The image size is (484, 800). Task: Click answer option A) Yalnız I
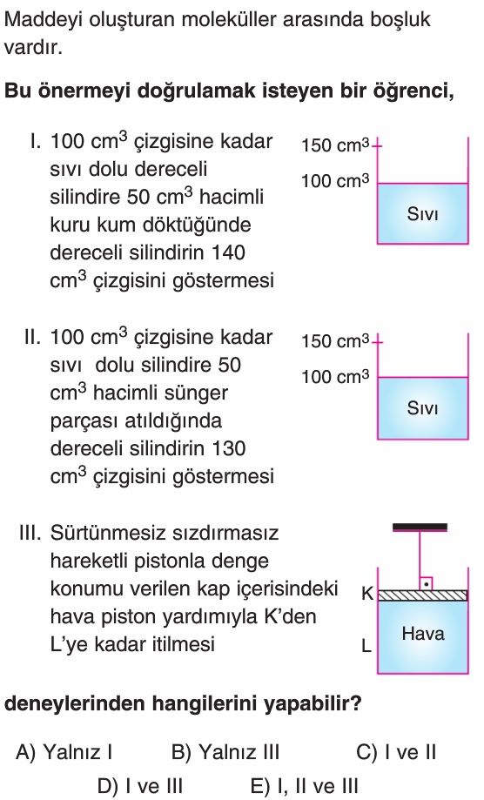click(64, 752)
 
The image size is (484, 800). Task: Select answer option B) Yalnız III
click(225, 752)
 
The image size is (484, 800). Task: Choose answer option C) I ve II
click(396, 752)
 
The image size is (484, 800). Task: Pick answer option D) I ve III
click(140, 786)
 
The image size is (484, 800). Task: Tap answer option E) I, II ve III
click(305, 786)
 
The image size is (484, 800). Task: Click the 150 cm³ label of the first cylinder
click(335, 145)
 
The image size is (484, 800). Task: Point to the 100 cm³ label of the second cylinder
click(335, 377)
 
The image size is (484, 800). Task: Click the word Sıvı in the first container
click(422, 214)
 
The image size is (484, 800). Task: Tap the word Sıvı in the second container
click(422, 408)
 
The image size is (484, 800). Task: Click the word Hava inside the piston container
click(423, 634)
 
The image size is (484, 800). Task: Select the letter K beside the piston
click(367, 594)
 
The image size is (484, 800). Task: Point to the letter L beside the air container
click(366, 646)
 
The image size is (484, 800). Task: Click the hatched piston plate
click(422, 595)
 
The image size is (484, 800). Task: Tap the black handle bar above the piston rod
click(420, 527)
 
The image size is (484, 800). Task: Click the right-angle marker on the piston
click(427, 584)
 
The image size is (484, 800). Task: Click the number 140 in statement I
click(228, 252)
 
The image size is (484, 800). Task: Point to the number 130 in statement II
click(228, 448)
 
